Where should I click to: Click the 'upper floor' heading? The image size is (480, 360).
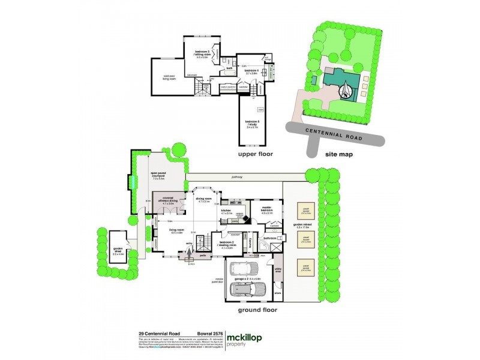pyautogui.click(x=256, y=154)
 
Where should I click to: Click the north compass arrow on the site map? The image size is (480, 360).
pyautogui.click(x=347, y=91)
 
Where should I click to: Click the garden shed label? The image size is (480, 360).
pyautogui.click(x=118, y=253)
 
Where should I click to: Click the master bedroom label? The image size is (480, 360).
pyautogui.click(x=267, y=211)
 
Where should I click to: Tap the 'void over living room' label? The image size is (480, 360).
pyautogui.click(x=169, y=77)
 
